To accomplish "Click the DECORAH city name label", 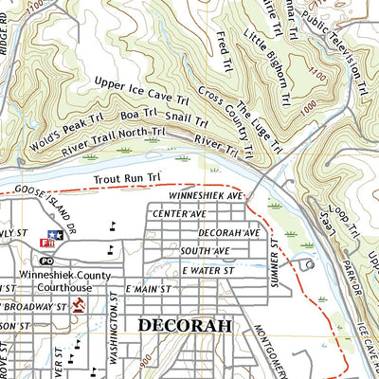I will pyautogui.click(x=185, y=325).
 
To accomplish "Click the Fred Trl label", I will pyautogui.click(x=224, y=43).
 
